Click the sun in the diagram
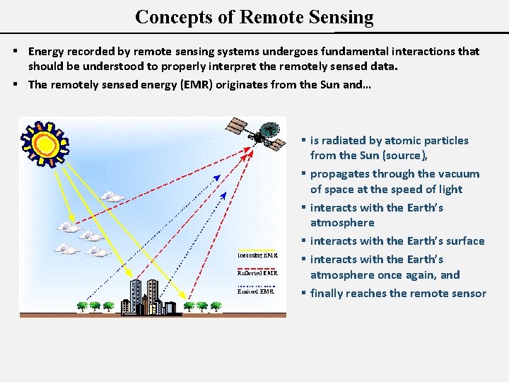coord(45,144)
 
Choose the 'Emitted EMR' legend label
coord(256,290)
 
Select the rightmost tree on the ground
coord(216,306)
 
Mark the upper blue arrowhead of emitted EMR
coord(217,177)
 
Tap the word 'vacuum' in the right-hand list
coord(460,174)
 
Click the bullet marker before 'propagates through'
coord(303,174)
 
